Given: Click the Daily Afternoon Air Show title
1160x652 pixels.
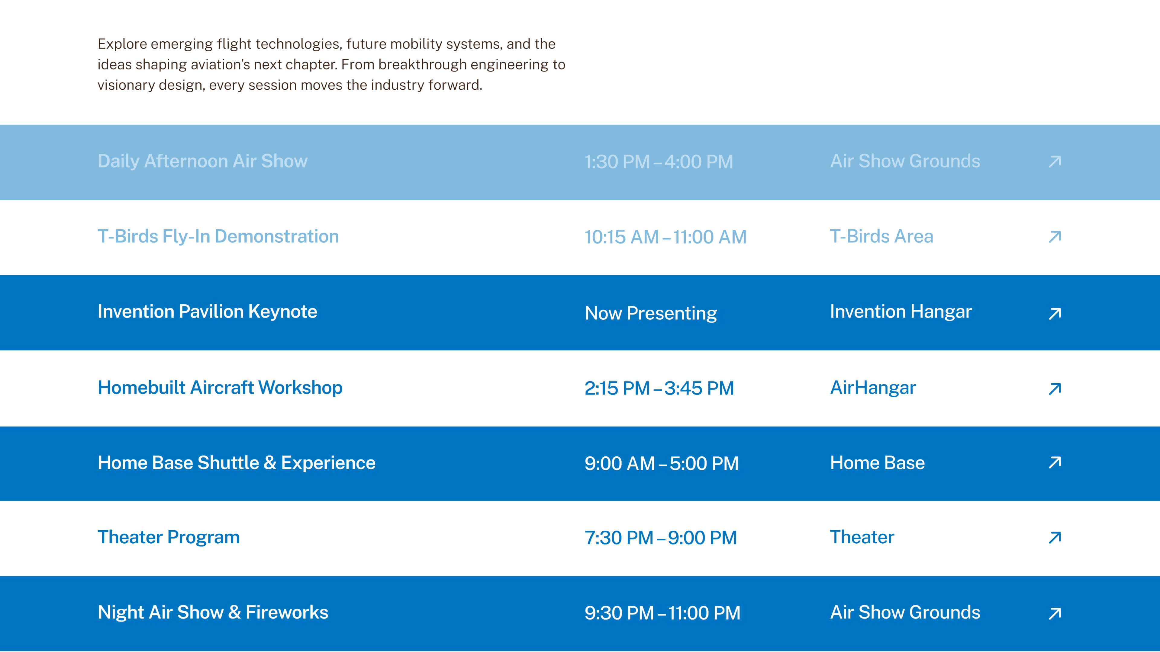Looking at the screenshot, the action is pyautogui.click(x=203, y=161).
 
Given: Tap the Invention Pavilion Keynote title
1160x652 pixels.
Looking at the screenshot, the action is pyautogui.click(x=208, y=312).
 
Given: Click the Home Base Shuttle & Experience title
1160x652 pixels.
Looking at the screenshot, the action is pyautogui.click(x=237, y=462).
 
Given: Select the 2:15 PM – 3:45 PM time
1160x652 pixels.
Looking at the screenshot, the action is pyautogui.click(x=659, y=388).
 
